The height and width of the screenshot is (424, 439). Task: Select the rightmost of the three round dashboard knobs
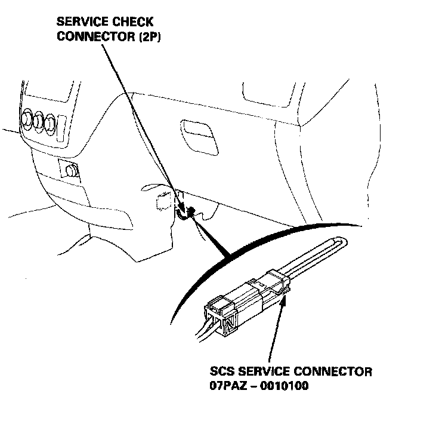pyautogui.click(x=51, y=123)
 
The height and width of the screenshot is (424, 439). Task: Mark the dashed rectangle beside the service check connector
pyautogui.click(x=163, y=201)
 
